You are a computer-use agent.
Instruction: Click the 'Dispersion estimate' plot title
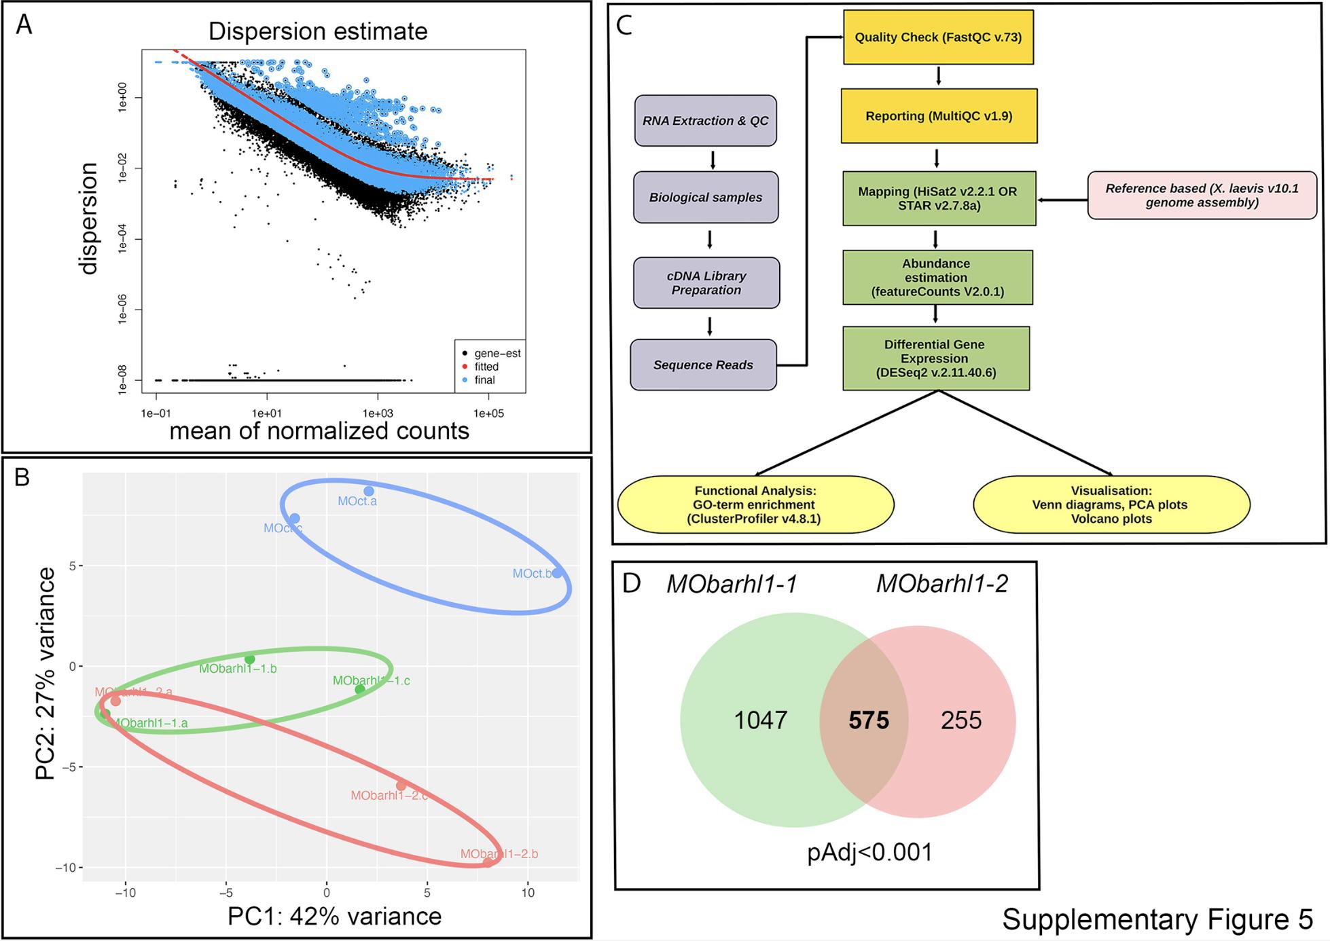point(318,31)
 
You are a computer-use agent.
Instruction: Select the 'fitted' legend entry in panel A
point(486,367)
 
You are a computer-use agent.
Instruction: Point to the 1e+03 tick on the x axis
point(378,413)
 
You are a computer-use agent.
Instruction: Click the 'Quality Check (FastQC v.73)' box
point(938,37)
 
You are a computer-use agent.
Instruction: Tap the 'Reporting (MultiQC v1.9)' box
point(939,116)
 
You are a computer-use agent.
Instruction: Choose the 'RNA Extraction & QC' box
point(705,121)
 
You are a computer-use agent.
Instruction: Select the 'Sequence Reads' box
point(703,365)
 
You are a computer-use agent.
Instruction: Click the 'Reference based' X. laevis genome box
point(1202,196)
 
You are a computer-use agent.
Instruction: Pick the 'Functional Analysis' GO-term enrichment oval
point(755,504)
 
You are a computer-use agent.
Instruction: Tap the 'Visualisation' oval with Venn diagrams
point(1111,504)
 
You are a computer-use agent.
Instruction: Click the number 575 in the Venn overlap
point(868,720)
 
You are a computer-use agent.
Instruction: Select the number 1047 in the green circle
point(760,720)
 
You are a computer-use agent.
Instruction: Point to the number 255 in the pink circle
point(961,720)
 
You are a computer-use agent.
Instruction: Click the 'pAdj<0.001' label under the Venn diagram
point(869,852)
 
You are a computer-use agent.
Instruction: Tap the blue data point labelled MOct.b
point(557,573)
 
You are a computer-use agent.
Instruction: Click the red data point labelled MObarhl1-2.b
point(488,862)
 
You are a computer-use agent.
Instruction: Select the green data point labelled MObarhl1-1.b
point(249,659)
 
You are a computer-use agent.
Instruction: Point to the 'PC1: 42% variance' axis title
point(334,916)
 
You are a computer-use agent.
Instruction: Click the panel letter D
point(631,583)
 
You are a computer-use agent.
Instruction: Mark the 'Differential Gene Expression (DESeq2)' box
point(935,358)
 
